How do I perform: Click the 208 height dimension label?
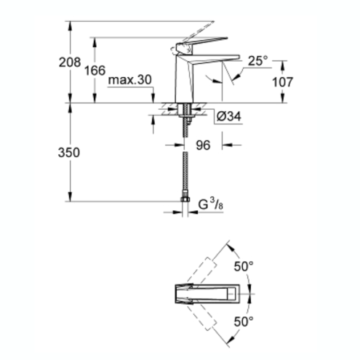70,63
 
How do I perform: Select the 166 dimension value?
95,71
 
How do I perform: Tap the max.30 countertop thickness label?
129,80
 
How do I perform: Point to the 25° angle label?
258,60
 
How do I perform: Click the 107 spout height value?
283,82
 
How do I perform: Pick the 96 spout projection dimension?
203,145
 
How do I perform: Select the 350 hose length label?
69,153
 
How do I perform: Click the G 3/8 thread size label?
211,204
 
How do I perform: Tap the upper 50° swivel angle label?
244,267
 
